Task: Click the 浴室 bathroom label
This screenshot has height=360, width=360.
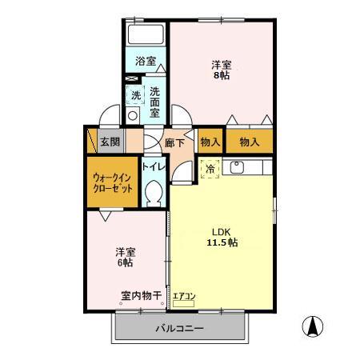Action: point(144,61)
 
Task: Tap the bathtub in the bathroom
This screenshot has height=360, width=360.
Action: point(145,36)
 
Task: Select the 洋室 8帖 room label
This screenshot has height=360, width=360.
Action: point(222,70)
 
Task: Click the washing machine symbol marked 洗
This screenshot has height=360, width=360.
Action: point(135,95)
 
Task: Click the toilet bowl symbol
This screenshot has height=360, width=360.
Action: point(154,191)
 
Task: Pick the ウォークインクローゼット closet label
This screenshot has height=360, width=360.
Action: point(112,182)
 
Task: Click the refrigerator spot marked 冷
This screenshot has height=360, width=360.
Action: point(210,169)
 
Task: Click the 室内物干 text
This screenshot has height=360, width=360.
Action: point(141,296)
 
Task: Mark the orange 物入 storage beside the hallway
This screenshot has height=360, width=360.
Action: point(210,142)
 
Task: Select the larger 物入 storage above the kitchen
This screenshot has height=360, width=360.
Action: point(249,142)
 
